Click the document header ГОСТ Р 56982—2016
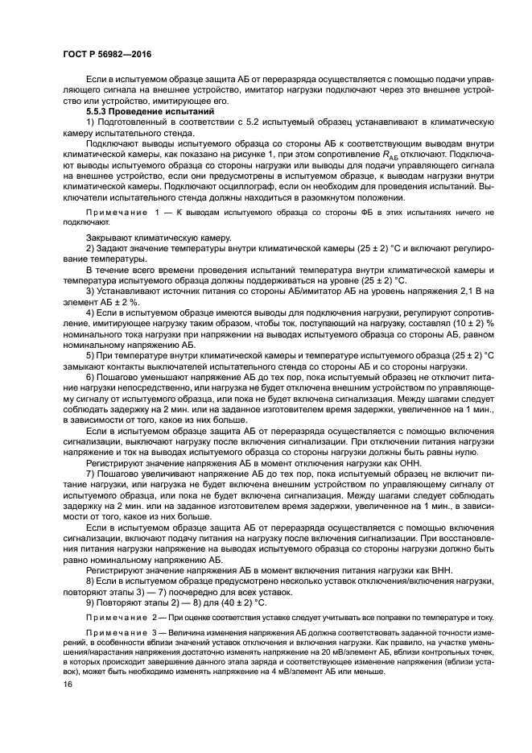pyautogui.click(x=107, y=54)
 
